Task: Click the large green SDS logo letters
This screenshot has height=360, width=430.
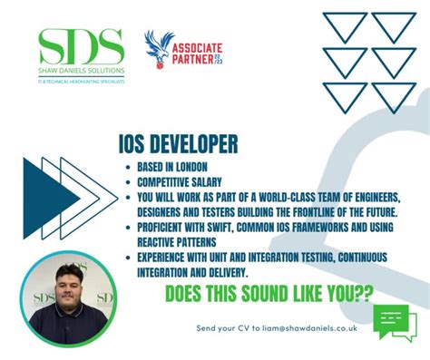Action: (82, 45)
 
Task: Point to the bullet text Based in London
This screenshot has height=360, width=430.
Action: (167, 167)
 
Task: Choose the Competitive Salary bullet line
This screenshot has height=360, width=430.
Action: (178, 180)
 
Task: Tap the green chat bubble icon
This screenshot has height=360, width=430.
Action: (395, 324)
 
